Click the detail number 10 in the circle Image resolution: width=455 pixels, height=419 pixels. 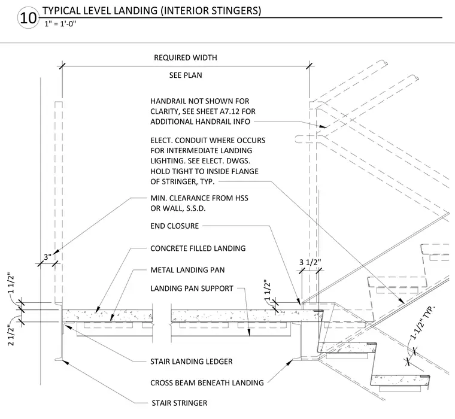(28, 18)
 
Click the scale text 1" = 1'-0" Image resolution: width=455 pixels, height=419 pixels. (60, 24)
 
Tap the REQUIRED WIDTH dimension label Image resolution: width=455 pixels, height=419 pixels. (186, 57)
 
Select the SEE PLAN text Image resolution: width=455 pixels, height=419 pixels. (186, 75)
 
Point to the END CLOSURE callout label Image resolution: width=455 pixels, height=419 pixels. (174, 226)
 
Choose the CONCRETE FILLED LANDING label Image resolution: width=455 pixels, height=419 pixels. (198, 248)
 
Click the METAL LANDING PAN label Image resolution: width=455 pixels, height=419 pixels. (187, 270)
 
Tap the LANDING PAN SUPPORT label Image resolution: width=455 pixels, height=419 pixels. (192, 289)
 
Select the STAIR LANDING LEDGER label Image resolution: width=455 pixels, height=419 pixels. (192, 362)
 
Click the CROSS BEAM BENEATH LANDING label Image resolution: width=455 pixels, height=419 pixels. (207, 382)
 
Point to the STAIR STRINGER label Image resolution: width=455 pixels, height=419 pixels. (180, 403)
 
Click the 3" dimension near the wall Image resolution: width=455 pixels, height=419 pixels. (47, 257)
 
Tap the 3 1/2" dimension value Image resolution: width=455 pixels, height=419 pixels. (310, 262)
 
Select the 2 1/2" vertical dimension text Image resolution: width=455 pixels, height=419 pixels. (11, 336)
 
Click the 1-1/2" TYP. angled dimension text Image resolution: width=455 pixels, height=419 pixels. (423, 322)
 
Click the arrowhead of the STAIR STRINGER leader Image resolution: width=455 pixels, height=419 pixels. (65, 362)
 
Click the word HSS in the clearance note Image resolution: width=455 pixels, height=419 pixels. (242, 198)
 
